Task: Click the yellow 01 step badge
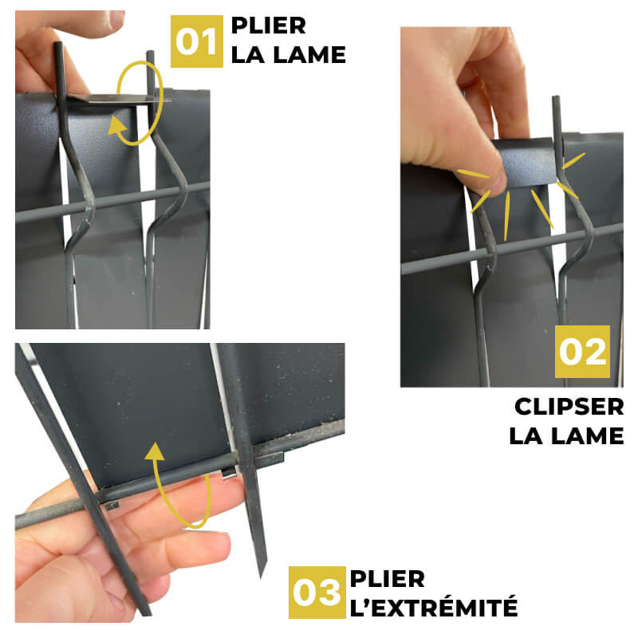click(x=196, y=41)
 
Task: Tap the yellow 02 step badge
click(x=582, y=352)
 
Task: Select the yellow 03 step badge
click(x=317, y=592)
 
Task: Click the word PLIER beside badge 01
click(x=269, y=26)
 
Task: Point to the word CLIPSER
click(x=569, y=407)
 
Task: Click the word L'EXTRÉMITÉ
click(x=434, y=607)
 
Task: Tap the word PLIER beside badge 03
click(x=388, y=579)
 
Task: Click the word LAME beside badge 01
click(x=311, y=55)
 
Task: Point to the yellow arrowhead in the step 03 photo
click(x=155, y=451)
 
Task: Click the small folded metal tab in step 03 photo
click(x=229, y=473)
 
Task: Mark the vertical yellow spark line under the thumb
click(x=507, y=216)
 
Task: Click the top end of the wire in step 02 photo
click(x=555, y=97)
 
